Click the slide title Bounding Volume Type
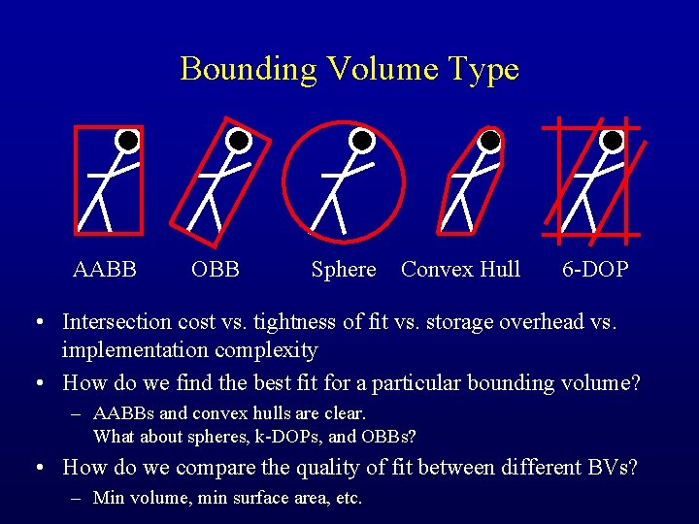(349, 69)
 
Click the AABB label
(105, 270)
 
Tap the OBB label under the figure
(216, 270)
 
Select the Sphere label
(343, 270)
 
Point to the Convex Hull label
(460, 270)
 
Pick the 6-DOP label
(595, 270)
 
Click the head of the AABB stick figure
(126, 141)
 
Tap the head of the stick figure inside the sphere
(362, 141)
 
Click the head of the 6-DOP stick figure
(612, 141)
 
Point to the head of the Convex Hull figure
(490, 141)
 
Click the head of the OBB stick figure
(239, 141)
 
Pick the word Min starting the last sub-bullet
(108, 498)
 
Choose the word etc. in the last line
(347, 498)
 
